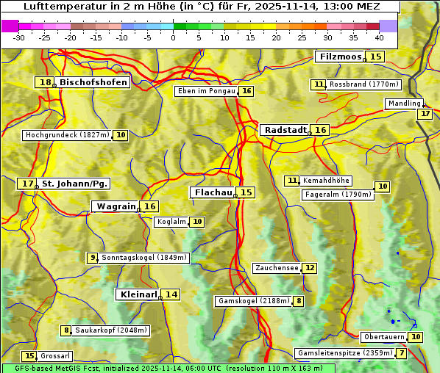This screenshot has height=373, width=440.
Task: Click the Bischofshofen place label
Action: click(93, 83)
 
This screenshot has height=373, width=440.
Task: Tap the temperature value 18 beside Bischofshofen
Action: click(45, 83)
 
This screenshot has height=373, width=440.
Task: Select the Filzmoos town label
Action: click(340, 57)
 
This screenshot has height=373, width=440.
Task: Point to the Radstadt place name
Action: click(285, 130)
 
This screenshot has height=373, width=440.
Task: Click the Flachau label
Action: click(213, 192)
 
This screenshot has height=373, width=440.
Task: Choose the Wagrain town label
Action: click(116, 206)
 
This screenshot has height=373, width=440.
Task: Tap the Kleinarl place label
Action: click(138, 294)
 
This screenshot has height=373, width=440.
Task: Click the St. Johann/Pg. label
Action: click(74, 184)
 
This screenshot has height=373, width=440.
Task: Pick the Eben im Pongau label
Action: click(206, 91)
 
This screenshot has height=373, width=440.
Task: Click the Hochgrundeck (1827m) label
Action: click(67, 135)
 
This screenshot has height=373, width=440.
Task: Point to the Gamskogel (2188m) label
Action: click(254, 301)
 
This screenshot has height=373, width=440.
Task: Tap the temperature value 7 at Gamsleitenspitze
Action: click(401, 353)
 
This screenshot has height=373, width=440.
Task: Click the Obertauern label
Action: click(384, 337)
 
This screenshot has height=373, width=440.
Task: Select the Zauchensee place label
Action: click(277, 268)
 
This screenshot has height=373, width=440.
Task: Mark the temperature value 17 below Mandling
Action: click(425, 114)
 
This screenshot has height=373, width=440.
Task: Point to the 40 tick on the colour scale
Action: click(379, 37)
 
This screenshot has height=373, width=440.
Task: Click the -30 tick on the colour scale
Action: click(19, 37)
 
